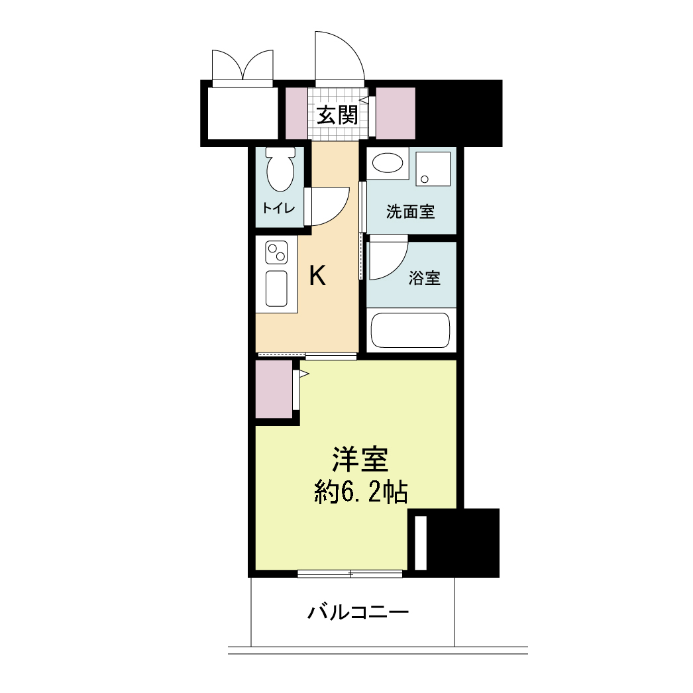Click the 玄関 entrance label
click(x=337, y=115)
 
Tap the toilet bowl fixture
click(x=280, y=169)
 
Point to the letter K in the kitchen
click(x=317, y=276)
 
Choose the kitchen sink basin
click(x=276, y=288)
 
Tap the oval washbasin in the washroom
click(x=388, y=164)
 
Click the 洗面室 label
click(x=410, y=212)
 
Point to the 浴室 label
click(x=425, y=278)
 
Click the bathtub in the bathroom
click(x=411, y=330)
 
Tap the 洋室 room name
click(x=360, y=459)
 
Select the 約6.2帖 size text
click(x=360, y=492)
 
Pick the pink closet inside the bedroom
click(x=274, y=389)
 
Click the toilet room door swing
click(x=329, y=205)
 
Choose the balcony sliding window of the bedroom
click(x=350, y=574)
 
